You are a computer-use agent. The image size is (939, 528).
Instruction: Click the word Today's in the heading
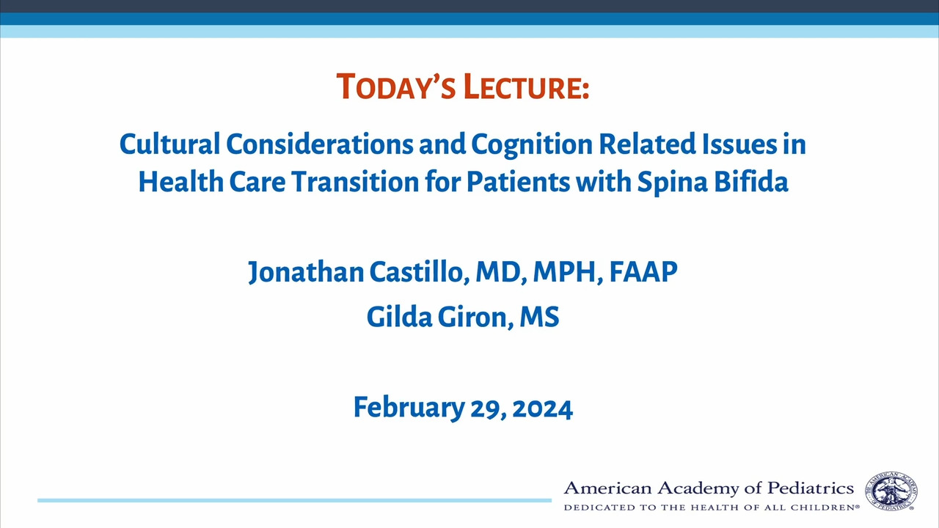click(x=395, y=87)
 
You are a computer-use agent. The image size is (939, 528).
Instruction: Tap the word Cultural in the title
click(x=169, y=144)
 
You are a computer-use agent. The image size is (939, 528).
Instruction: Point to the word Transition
click(x=356, y=182)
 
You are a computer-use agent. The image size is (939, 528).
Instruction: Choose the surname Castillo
click(x=419, y=272)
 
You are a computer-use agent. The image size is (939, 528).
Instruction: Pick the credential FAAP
click(x=643, y=271)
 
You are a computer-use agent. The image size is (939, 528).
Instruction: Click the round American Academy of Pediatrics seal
click(x=891, y=491)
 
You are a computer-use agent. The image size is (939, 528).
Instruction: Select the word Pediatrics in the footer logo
click(x=811, y=488)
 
